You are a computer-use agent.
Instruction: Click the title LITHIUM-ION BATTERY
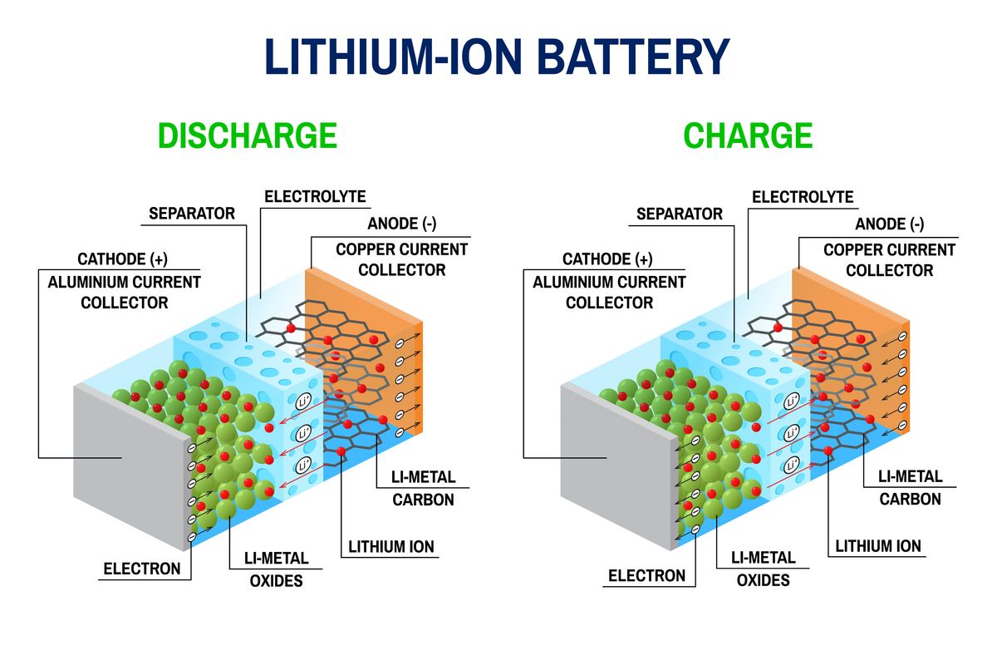[497, 57]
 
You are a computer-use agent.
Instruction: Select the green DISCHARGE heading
[247, 135]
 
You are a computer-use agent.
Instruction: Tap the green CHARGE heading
[747, 135]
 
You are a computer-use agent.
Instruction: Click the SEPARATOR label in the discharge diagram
[192, 214]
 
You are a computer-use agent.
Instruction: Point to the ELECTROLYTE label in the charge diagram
[802, 197]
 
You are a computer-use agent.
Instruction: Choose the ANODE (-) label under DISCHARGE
[401, 224]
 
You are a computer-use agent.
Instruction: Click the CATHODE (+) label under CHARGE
[607, 259]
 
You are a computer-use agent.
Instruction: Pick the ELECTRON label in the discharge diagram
[141, 569]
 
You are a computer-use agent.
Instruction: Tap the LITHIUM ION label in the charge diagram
[878, 546]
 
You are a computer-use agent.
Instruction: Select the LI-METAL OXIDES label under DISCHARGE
[276, 569]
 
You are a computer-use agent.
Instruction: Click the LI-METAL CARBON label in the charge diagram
[911, 488]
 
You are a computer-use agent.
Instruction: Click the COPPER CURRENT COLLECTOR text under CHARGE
[889, 259]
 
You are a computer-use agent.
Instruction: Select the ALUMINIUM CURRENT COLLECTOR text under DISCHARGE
[124, 292]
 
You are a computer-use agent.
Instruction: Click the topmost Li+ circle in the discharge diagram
[304, 402]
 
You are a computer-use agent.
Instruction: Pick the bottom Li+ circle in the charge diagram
[792, 463]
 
